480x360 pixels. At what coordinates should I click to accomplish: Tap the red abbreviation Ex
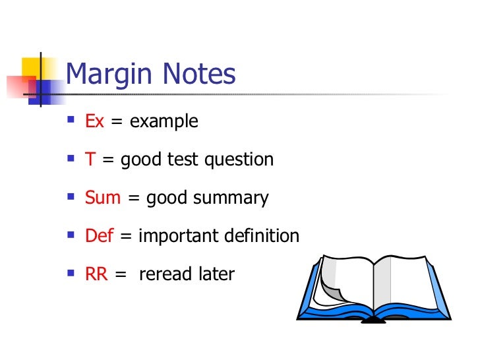[94, 122]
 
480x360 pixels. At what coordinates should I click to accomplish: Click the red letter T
[90, 160]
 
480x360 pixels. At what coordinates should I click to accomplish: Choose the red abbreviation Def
[100, 235]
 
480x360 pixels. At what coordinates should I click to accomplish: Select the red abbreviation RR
[97, 274]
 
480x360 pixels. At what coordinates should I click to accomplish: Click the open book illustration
[374, 289]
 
